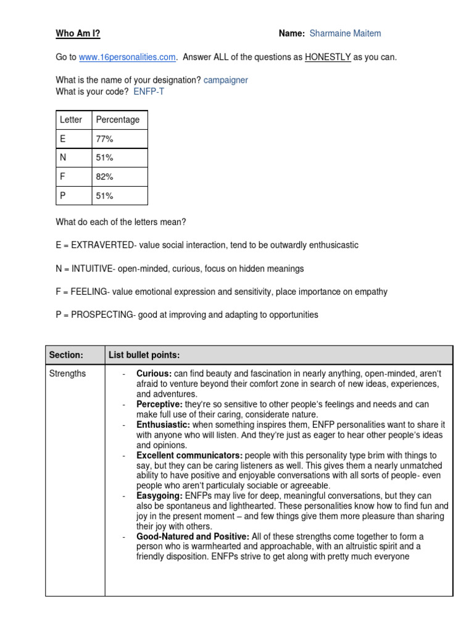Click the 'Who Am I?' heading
tap(78, 33)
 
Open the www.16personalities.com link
tap(128, 57)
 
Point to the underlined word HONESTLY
tap(328, 57)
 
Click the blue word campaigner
tap(226, 80)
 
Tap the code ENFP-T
tap(149, 91)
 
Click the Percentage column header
tap(118, 119)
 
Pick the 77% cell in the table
tap(104, 139)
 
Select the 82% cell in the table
tap(104, 177)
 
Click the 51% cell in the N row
tap(104, 158)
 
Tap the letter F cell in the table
tap(62, 177)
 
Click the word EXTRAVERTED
tap(102, 245)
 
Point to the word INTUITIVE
tap(92, 269)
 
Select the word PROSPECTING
tap(102, 315)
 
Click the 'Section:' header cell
tap(65, 355)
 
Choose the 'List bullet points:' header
tap(144, 355)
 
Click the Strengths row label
tap(68, 373)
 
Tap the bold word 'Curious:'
tap(154, 374)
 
